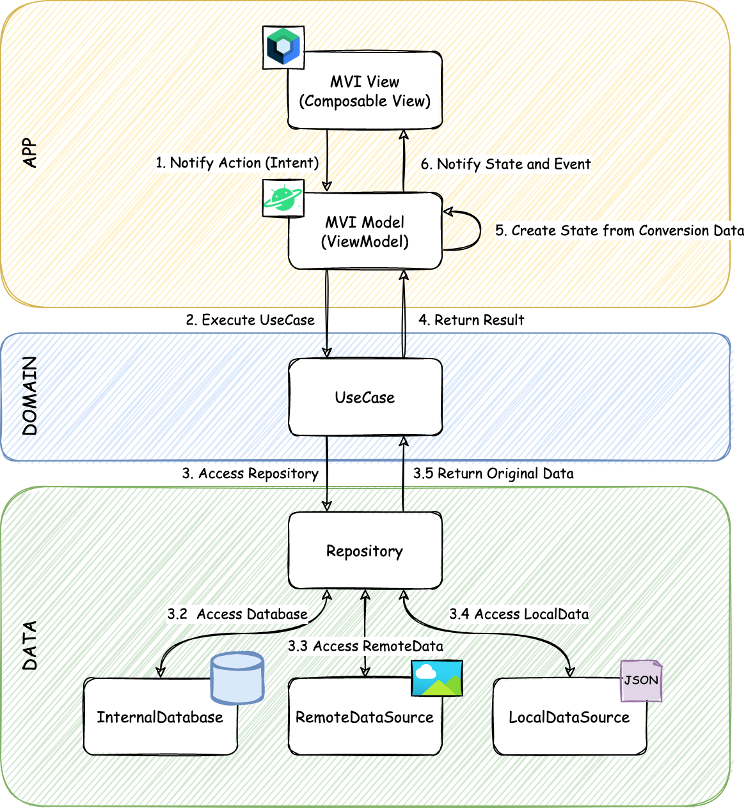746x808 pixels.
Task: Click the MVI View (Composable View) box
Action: point(365,91)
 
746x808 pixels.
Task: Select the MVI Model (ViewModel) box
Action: point(365,231)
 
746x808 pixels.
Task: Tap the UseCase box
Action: point(365,397)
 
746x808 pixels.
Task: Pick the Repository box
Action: point(365,550)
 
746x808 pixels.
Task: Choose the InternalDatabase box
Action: point(160,717)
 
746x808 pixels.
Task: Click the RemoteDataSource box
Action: point(365,717)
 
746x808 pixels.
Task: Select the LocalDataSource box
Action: point(569,717)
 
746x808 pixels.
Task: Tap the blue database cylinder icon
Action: point(237,678)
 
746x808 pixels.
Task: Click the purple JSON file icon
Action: point(641,680)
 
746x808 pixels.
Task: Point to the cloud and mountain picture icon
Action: point(436,678)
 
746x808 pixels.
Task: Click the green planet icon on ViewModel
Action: point(283,198)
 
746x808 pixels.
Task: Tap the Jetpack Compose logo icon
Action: point(283,47)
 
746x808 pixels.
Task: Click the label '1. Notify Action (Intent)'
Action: point(237,163)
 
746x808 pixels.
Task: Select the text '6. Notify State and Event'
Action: point(505,164)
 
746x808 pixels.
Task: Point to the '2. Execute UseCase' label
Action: point(250,320)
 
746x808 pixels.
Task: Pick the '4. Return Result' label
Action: point(471,320)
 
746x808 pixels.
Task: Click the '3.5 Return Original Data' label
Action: point(493,474)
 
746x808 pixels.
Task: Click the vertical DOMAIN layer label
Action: point(30,396)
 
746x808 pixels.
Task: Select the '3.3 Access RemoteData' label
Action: point(365,646)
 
